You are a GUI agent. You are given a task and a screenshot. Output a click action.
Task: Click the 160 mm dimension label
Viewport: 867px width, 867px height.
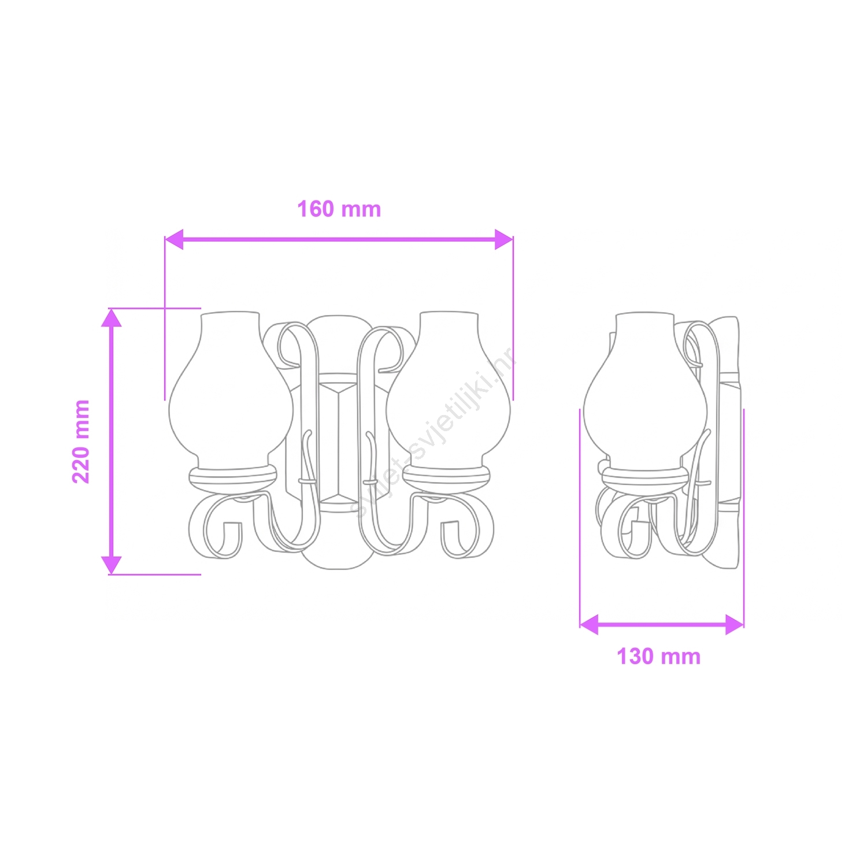[339, 209]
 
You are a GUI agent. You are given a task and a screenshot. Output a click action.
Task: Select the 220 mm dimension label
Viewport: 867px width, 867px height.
[81, 441]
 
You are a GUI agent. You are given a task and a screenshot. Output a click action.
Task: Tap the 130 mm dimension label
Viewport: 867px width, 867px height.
[658, 657]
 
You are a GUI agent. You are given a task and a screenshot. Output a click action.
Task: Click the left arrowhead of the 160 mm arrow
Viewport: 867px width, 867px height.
[174, 239]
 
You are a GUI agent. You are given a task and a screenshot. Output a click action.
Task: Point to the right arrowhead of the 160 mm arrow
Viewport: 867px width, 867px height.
[504, 239]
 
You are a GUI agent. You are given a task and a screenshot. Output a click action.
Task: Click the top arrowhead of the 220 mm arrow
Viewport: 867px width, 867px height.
[112, 317]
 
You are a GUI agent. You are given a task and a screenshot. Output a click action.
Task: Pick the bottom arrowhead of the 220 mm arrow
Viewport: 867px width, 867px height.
[112, 565]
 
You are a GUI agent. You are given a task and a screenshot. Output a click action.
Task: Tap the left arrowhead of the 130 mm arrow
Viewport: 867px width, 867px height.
[589, 625]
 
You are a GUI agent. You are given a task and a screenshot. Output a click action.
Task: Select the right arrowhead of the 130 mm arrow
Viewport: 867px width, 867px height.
[735, 625]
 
